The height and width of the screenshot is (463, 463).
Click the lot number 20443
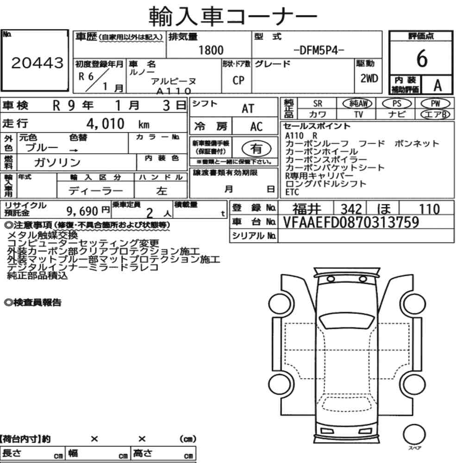point(37,63)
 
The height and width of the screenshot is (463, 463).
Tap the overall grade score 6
point(422,58)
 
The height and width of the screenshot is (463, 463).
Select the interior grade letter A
point(438,86)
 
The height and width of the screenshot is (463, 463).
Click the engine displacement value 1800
point(211,50)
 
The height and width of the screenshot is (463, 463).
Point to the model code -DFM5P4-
point(319,50)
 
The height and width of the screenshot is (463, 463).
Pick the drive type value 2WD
point(369,78)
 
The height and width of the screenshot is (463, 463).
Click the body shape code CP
point(238,80)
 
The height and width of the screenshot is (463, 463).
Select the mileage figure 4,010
point(106,124)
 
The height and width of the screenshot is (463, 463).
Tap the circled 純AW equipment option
point(357,103)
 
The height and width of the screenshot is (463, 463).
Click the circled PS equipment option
point(397,103)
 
